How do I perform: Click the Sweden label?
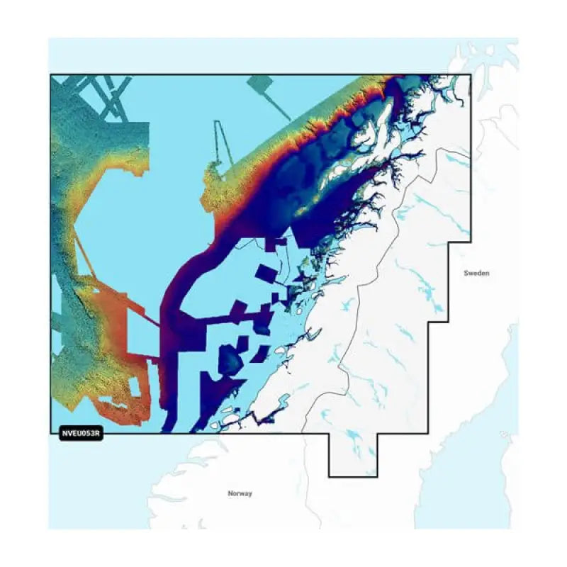(477, 273)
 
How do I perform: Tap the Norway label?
(240, 493)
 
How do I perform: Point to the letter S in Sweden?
(466, 273)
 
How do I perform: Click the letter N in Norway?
(230, 493)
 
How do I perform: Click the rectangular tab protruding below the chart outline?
(353, 454)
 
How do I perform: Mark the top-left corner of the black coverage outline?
(50, 74)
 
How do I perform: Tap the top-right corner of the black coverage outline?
(470, 74)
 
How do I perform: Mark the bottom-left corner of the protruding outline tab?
(329, 476)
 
